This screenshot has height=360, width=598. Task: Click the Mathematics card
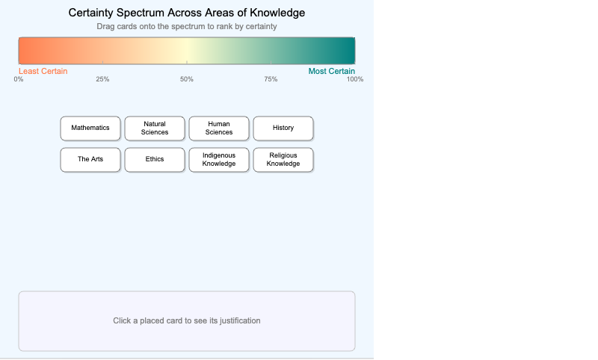pyautogui.click(x=90, y=128)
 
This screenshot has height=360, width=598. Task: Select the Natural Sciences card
pyautogui.click(x=155, y=128)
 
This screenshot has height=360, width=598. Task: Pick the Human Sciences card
pyautogui.click(x=219, y=128)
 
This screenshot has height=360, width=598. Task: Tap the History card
pyautogui.click(x=283, y=128)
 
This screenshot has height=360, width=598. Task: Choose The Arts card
pyautogui.click(x=90, y=159)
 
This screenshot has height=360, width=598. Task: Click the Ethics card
pyautogui.click(x=155, y=159)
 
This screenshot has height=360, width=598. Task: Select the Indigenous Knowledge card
pyautogui.click(x=219, y=159)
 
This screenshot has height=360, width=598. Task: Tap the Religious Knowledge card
pyautogui.click(x=283, y=159)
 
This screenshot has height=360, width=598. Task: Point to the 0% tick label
pyautogui.click(x=19, y=79)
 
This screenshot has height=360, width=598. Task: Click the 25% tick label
pyautogui.click(x=102, y=79)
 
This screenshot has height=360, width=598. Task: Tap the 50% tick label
pyautogui.click(x=187, y=79)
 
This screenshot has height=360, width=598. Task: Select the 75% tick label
pyautogui.click(x=271, y=79)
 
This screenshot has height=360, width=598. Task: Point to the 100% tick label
pyautogui.click(x=354, y=79)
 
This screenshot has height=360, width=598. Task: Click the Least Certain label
pyautogui.click(x=43, y=71)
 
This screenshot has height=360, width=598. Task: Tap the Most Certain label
pyautogui.click(x=332, y=71)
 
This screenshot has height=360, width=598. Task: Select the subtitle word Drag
pyautogui.click(x=106, y=26)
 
